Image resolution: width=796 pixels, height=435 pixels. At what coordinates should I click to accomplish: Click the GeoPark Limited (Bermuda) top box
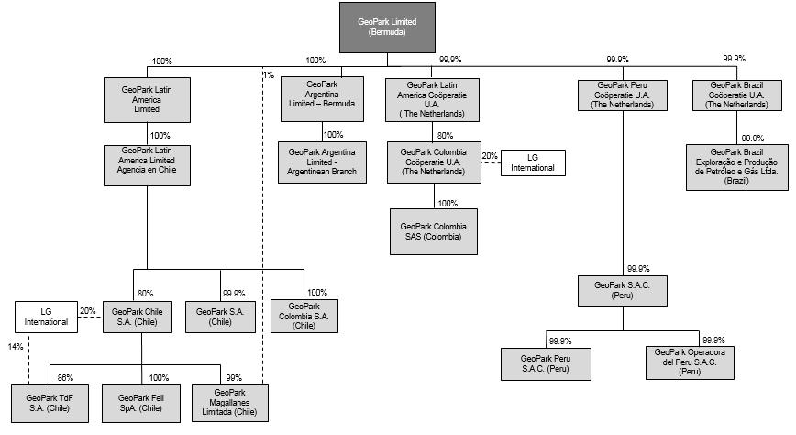(387, 27)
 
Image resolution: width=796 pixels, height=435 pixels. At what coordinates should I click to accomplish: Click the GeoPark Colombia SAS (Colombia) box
(434, 231)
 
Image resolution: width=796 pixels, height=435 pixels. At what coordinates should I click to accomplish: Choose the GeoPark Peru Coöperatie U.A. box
(623, 95)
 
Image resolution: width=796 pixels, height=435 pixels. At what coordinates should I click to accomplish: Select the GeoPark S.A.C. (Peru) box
(623, 291)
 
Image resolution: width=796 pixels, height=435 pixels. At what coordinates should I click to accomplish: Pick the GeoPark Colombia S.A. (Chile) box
(304, 316)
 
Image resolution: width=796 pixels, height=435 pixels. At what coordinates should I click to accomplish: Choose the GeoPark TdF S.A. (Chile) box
(50, 403)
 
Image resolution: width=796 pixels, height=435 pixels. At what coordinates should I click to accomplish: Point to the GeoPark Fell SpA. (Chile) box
(140, 403)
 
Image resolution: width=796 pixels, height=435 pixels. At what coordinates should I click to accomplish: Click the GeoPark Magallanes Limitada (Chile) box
(232, 403)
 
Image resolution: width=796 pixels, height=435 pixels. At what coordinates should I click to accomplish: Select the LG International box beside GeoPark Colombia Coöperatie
(533, 163)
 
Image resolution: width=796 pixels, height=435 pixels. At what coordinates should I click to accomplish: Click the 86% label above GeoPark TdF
(64, 377)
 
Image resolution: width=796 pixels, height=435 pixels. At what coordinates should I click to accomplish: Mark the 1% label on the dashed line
(268, 74)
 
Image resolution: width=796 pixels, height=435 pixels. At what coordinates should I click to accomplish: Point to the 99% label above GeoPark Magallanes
(234, 377)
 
